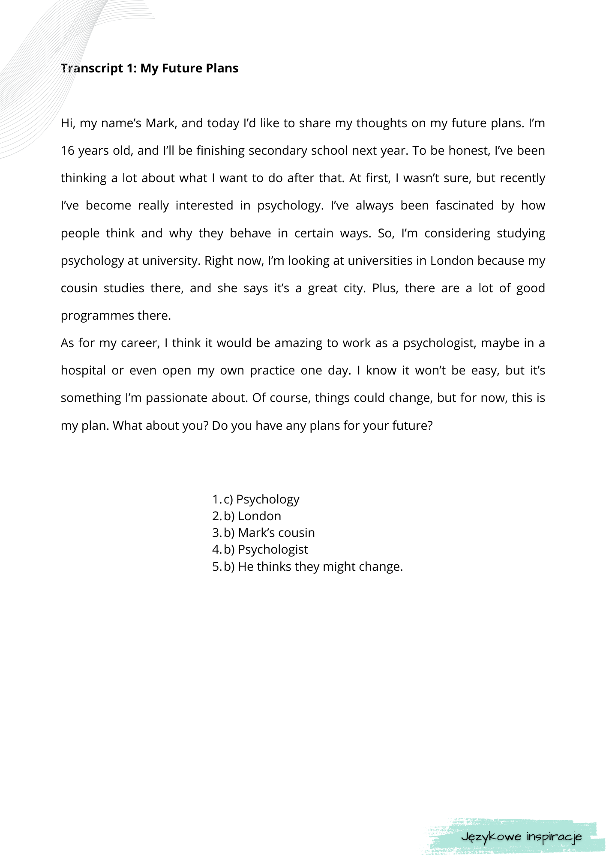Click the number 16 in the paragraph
tap(68, 151)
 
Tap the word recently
tap(522, 178)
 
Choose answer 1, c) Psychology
tap(261, 499)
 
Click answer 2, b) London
tap(252, 516)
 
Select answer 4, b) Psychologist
tap(266, 549)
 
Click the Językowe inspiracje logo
tap(521, 836)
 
